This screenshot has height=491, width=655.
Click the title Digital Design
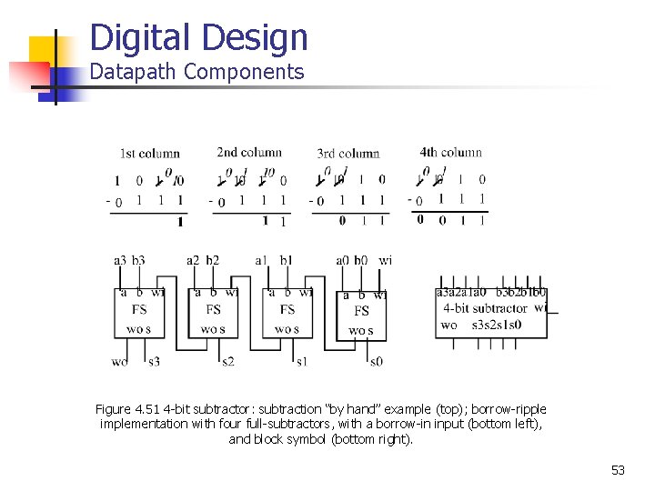(x=199, y=38)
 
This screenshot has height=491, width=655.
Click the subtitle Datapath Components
(x=196, y=73)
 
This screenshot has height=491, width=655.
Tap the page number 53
(x=618, y=470)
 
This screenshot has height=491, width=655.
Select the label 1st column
(x=149, y=154)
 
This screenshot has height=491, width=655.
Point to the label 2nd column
(x=249, y=153)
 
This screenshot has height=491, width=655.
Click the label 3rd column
(x=348, y=154)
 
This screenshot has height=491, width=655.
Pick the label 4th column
(x=450, y=152)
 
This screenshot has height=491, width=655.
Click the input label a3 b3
(x=129, y=261)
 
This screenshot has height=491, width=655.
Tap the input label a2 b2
(x=203, y=261)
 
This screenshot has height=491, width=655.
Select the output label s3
(x=154, y=362)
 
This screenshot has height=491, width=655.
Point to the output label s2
(x=227, y=362)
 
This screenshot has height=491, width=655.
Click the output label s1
(x=301, y=362)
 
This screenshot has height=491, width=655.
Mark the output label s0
(x=376, y=362)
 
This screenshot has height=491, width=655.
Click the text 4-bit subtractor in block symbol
(x=485, y=308)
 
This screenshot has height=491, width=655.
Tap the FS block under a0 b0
(x=361, y=311)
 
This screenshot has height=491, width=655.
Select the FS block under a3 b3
(x=139, y=309)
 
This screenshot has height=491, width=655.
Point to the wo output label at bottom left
(x=119, y=362)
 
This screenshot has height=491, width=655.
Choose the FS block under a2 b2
(x=213, y=309)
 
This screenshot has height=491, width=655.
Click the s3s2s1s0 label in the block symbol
(x=496, y=325)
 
